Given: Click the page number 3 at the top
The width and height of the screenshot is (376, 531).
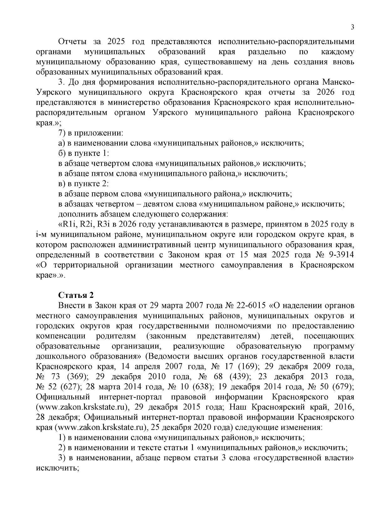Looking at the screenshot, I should click(x=352, y=28).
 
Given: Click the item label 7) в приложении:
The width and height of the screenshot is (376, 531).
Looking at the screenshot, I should click(x=91, y=133).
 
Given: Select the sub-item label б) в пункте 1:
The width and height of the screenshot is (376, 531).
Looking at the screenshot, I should click(x=83, y=154).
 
